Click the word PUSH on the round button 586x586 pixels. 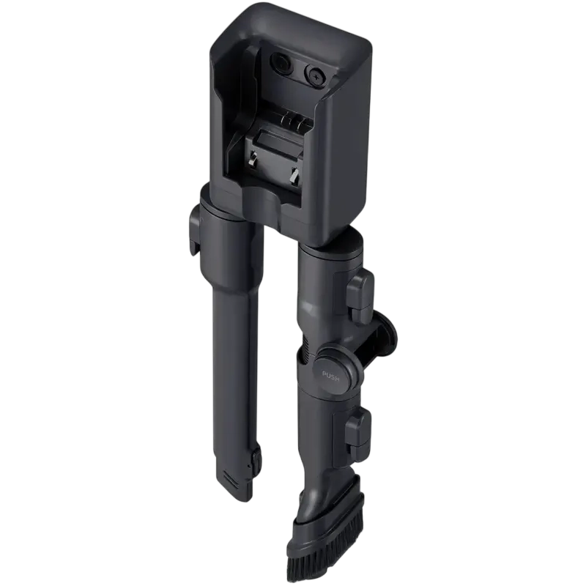pos(330,376)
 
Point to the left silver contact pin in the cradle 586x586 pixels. pos(253,160)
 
